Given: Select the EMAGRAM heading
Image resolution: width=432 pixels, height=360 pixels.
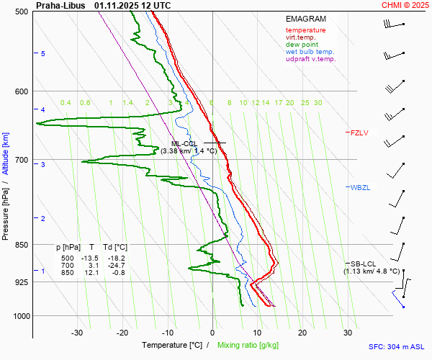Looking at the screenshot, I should [306, 19].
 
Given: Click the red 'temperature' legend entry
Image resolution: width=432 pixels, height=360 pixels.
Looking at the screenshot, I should [305, 30].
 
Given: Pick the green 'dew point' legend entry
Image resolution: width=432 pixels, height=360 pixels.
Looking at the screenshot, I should [301, 45].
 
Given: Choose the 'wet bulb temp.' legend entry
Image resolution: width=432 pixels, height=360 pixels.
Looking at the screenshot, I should [310, 52].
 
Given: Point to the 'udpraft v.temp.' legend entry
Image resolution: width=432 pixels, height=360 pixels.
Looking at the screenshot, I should [311, 59].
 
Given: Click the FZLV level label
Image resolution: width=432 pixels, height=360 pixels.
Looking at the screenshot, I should [359, 132].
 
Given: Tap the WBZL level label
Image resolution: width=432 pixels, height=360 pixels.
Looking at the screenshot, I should [360, 188].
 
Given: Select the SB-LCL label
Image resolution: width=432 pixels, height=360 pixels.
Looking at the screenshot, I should [363, 264].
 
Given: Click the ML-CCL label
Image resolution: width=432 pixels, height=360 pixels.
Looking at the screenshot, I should [185, 143].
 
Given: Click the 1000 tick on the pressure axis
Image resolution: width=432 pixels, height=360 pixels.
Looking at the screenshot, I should [21, 316].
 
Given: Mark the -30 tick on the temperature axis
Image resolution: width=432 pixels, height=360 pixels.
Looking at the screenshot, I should [77, 333].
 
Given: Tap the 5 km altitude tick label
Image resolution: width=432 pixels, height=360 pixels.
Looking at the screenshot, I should [43, 54].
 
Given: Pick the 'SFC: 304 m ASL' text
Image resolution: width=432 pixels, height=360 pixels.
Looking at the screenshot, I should [395, 346].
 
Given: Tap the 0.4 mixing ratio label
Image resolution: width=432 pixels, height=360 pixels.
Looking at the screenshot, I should [66, 103].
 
